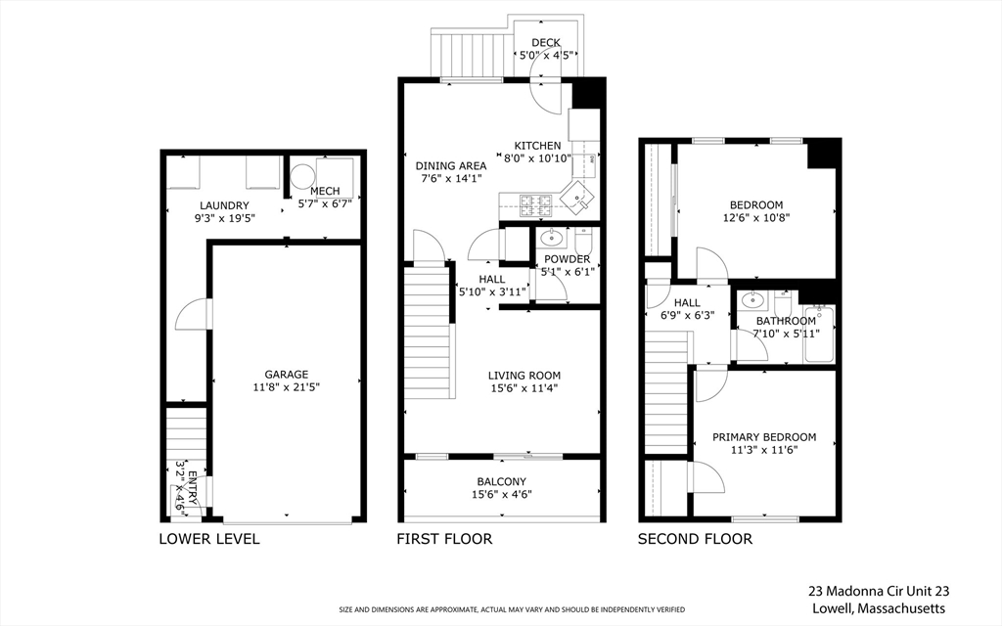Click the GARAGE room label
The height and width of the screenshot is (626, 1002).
pos(286,374)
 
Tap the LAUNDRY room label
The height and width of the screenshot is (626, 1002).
pos(219,205)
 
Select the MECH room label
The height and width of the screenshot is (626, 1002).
pos(324,191)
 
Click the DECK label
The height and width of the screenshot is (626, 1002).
pos(545,42)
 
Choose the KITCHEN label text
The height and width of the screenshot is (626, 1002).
pos(538,146)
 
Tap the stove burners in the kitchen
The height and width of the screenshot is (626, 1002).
pos(534,204)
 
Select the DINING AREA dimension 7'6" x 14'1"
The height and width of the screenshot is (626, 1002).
pos(451,179)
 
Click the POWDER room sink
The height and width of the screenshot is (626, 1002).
pos(550,237)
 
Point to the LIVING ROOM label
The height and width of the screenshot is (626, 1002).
pos(524,375)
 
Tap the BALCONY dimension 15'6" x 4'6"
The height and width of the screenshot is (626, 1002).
pos(502,494)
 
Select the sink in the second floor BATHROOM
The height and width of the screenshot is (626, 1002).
pos(753,300)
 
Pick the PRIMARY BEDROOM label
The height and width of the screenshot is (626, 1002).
pos(763,437)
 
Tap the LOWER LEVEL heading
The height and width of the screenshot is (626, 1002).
pos(209,539)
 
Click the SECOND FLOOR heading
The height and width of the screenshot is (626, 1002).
pos(695,539)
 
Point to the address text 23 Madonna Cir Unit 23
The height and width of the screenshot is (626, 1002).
pos(879,591)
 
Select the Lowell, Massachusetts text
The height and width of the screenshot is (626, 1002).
pos(879,608)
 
